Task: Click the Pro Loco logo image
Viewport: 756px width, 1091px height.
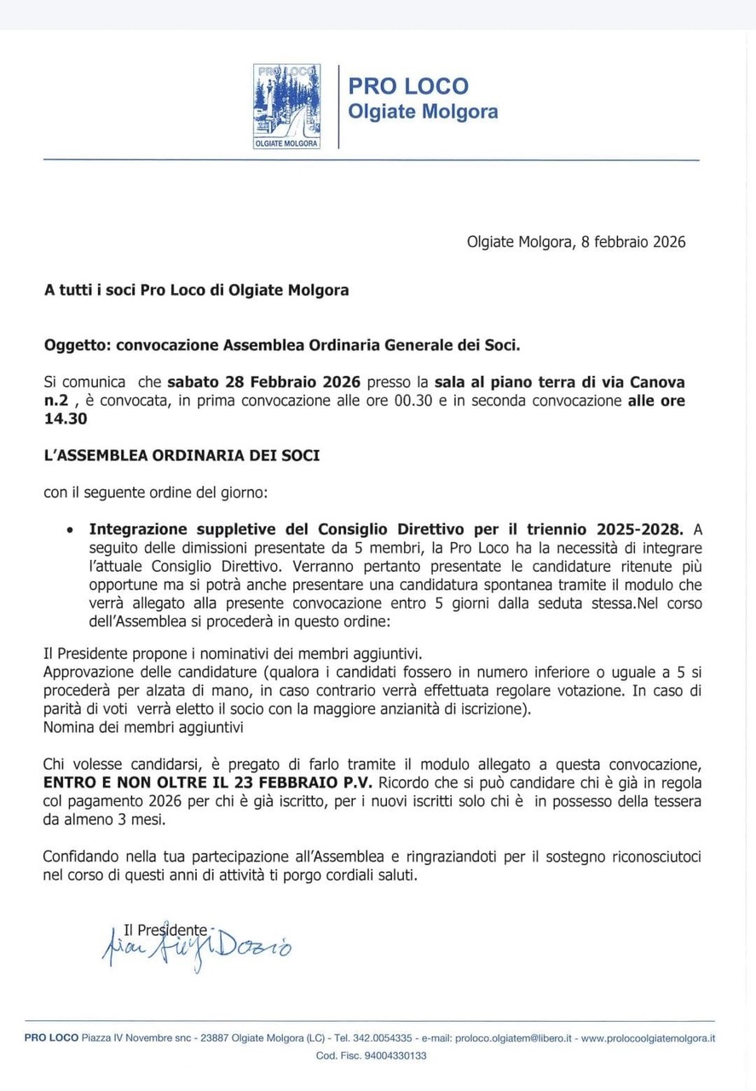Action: point(286,107)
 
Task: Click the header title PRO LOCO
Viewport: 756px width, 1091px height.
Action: point(408,86)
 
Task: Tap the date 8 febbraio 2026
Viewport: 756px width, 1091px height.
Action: point(633,242)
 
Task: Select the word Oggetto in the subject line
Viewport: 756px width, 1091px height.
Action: point(77,345)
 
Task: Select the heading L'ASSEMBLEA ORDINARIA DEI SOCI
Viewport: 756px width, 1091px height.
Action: point(182,455)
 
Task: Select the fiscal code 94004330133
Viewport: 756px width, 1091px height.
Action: point(395,1055)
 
